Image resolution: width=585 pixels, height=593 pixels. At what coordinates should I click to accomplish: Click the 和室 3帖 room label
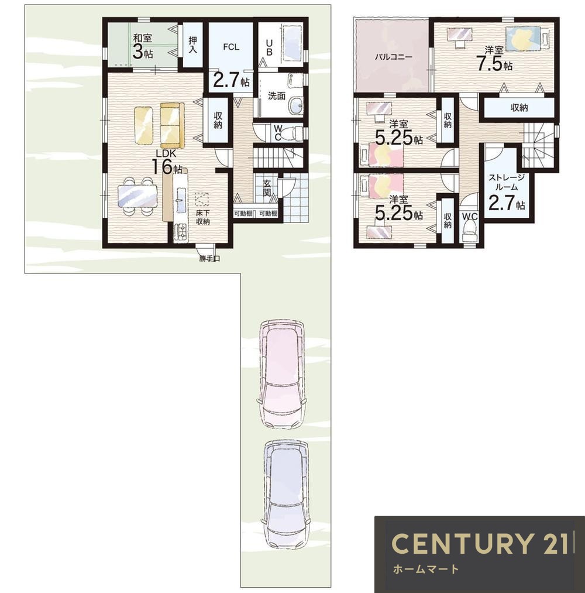pos(143,46)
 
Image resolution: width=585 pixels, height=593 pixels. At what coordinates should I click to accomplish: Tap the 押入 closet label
pos(192,44)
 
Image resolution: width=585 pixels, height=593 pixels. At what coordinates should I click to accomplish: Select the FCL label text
pos(231,47)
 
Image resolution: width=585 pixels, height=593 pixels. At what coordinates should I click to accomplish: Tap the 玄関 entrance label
pos(267,188)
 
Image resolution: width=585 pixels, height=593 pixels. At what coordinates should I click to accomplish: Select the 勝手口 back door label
pos(209,259)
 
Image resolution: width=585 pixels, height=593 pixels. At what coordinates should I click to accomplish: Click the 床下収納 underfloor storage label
pos(202,217)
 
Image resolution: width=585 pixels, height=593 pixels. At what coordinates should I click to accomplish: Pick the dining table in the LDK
pos(137,196)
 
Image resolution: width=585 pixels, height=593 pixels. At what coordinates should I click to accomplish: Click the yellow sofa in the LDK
pos(172,125)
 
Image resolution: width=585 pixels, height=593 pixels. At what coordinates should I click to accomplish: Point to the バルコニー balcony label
pos(393,57)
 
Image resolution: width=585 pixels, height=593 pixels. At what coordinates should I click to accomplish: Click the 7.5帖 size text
pos(494,64)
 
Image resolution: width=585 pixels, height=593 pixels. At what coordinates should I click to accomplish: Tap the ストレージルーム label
pos(506,182)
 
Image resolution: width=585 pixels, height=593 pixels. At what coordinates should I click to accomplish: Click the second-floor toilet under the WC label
pos(470,233)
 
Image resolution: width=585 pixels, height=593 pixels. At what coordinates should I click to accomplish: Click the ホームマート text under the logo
pos(426,569)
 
